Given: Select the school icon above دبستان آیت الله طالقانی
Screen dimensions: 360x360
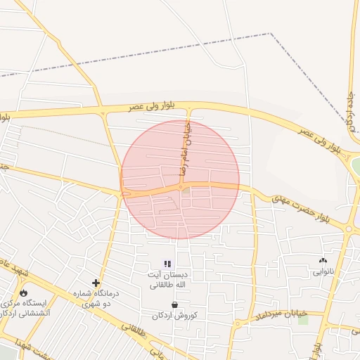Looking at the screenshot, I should tap(167, 264).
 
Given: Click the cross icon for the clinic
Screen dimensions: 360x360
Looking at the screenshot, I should tap(96, 283).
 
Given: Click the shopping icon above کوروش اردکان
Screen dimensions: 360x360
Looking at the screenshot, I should tap(174, 304).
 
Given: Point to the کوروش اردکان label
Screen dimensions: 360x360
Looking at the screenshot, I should tap(174, 314).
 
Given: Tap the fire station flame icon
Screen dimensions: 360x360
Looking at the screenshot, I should tap(24, 292).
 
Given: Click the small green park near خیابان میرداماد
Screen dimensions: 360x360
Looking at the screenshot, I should tap(303, 321).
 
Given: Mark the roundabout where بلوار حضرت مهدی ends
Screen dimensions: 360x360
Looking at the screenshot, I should tap(349, 229).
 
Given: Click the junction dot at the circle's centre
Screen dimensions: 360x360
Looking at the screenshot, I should tap(181, 188).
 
